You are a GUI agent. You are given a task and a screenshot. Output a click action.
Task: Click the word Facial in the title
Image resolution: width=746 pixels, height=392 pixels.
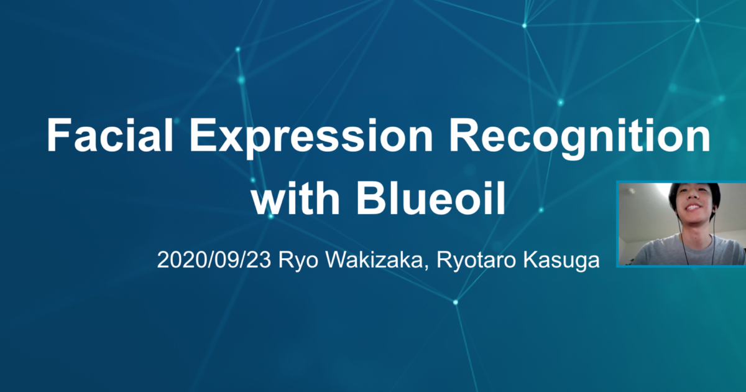110,136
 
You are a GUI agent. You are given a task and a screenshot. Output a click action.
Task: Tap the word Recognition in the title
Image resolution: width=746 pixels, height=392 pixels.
580,138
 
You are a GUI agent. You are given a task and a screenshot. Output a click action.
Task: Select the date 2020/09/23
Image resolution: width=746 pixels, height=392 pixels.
214,260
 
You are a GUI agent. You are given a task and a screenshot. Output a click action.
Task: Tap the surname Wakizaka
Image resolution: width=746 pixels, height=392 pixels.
374,259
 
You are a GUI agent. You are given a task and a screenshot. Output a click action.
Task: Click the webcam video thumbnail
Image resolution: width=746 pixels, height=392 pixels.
681,223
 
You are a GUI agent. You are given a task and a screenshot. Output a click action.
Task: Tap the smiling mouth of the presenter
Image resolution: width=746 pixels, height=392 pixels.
693,208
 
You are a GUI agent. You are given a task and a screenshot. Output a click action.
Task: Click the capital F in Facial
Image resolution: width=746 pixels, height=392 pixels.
59,136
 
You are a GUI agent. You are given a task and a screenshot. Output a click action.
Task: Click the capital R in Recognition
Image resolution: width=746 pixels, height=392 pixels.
463,136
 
